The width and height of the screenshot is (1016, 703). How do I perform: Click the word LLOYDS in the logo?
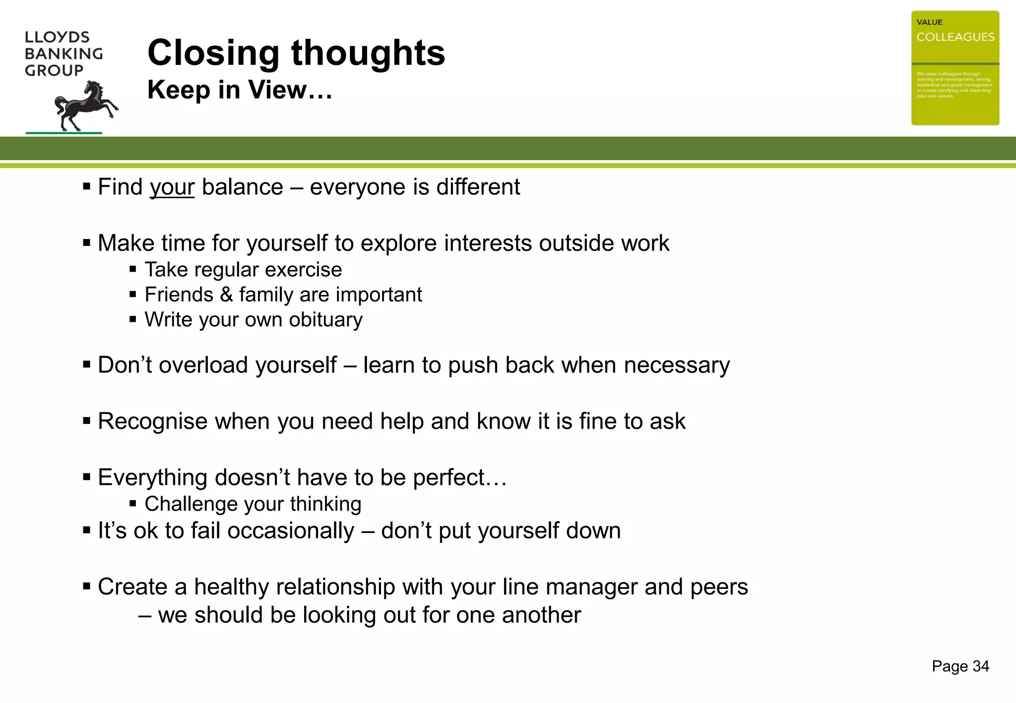57,37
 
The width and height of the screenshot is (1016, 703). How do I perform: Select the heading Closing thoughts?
296,53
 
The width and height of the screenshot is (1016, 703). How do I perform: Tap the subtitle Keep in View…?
240,90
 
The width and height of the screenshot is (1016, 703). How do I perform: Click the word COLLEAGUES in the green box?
955,37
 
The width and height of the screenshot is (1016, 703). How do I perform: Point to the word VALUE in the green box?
929,22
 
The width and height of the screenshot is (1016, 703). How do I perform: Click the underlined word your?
172,187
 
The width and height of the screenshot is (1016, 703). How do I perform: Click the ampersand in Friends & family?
226,295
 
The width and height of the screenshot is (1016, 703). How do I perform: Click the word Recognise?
152,421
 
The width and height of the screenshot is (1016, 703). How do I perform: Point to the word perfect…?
460,477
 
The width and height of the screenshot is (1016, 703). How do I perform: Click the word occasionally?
291,530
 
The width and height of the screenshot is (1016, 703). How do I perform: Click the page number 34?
981,666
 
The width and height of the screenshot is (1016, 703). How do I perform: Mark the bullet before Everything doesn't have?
87,477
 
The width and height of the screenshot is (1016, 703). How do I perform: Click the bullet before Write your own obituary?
132,320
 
